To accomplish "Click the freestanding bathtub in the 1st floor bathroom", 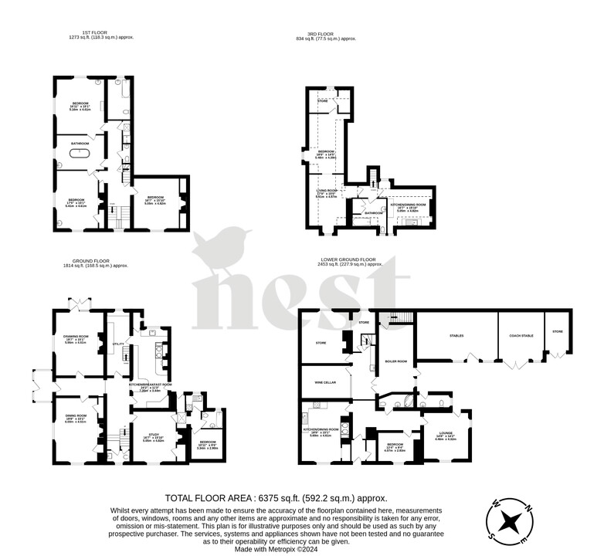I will (x=80, y=153).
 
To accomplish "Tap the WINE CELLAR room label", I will (x=324, y=381).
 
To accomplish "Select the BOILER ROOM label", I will (x=395, y=361).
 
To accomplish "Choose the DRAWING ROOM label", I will (x=75, y=336).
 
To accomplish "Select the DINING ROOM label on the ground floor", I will (x=76, y=416).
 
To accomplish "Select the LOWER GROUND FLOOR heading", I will (x=349, y=260).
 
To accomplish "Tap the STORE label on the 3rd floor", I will (x=323, y=100).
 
